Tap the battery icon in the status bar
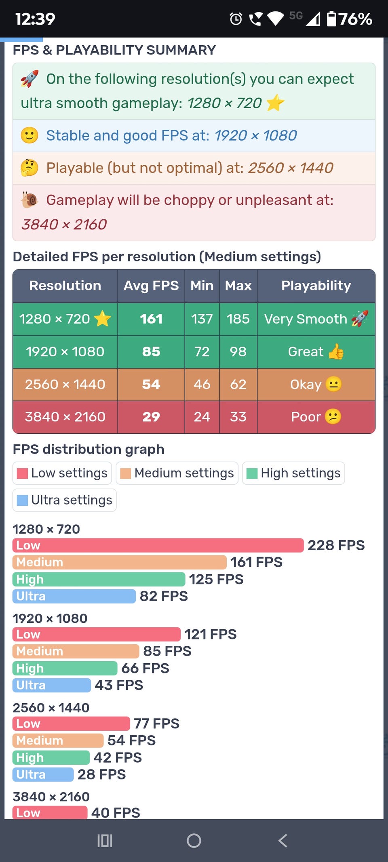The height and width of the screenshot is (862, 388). pyautogui.click(x=331, y=19)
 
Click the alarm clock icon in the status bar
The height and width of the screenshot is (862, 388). pyautogui.click(x=236, y=19)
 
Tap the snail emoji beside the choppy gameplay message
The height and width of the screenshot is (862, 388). pyautogui.click(x=30, y=200)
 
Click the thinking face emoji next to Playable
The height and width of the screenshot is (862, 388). pyautogui.click(x=30, y=168)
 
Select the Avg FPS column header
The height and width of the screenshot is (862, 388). pyautogui.click(x=151, y=286)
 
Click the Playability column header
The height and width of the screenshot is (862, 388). pyautogui.click(x=316, y=286)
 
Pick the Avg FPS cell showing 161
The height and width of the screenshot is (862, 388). pyautogui.click(x=151, y=319)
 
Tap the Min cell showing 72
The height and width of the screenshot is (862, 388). pyautogui.click(x=202, y=352)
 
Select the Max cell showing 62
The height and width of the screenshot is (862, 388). pyautogui.click(x=238, y=384)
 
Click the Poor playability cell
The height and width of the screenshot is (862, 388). pyautogui.click(x=316, y=417)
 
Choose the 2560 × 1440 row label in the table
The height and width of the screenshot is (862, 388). pyautogui.click(x=65, y=384)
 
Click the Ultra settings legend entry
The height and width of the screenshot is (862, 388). pyautogui.click(x=65, y=500)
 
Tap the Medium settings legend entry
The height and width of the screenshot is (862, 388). pyautogui.click(x=177, y=473)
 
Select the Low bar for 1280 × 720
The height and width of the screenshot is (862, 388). pyautogui.click(x=158, y=545)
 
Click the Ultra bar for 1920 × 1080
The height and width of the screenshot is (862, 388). pyautogui.click(x=52, y=685)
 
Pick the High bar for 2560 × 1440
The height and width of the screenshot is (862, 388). pyautogui.click(x=51, y=757)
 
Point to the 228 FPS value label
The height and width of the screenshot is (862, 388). pyautogui.click(x=336, y=545)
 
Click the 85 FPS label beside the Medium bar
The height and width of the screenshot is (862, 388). pyautogui.click(x=167, y=651)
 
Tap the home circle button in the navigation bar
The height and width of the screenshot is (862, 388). pyautogui.click(x=194, y=841)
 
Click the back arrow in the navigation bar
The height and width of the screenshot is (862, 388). pyautogui.click(x=283, y=841)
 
